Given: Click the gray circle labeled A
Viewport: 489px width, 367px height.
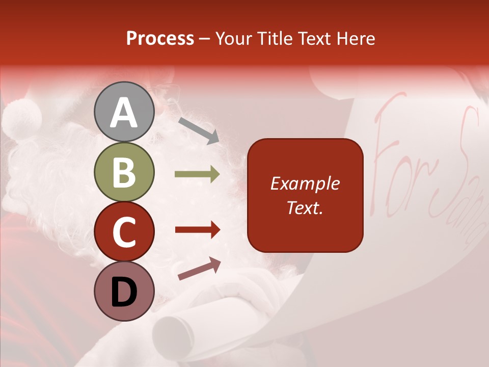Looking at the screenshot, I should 124,112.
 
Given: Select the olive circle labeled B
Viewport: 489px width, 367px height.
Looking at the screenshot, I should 124,172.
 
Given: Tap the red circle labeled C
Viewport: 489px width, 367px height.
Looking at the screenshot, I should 124,232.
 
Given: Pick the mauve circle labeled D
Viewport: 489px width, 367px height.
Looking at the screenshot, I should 124,291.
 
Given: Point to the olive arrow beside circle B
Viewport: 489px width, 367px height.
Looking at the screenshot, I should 197,174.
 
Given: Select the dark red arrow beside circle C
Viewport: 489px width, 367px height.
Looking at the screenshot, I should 197,230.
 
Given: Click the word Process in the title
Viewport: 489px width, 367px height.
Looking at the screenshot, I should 160,39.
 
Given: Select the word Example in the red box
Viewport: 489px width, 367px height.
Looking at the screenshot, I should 305,183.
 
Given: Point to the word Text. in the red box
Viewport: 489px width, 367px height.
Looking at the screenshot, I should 305,207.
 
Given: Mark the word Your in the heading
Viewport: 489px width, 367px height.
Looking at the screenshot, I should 235,39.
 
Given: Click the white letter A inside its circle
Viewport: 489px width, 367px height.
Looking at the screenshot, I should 124,113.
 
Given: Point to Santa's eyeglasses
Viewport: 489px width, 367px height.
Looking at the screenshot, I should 171,92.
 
